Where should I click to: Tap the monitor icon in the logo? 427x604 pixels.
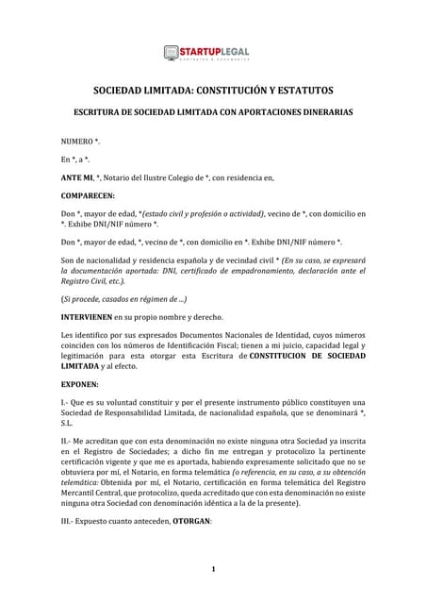[x=172, y=54]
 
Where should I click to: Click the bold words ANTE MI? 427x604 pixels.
[x=78, y=176]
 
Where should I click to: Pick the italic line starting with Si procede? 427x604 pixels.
[x=123, y=298]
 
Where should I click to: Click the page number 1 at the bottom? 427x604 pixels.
[x=213, y=569]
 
